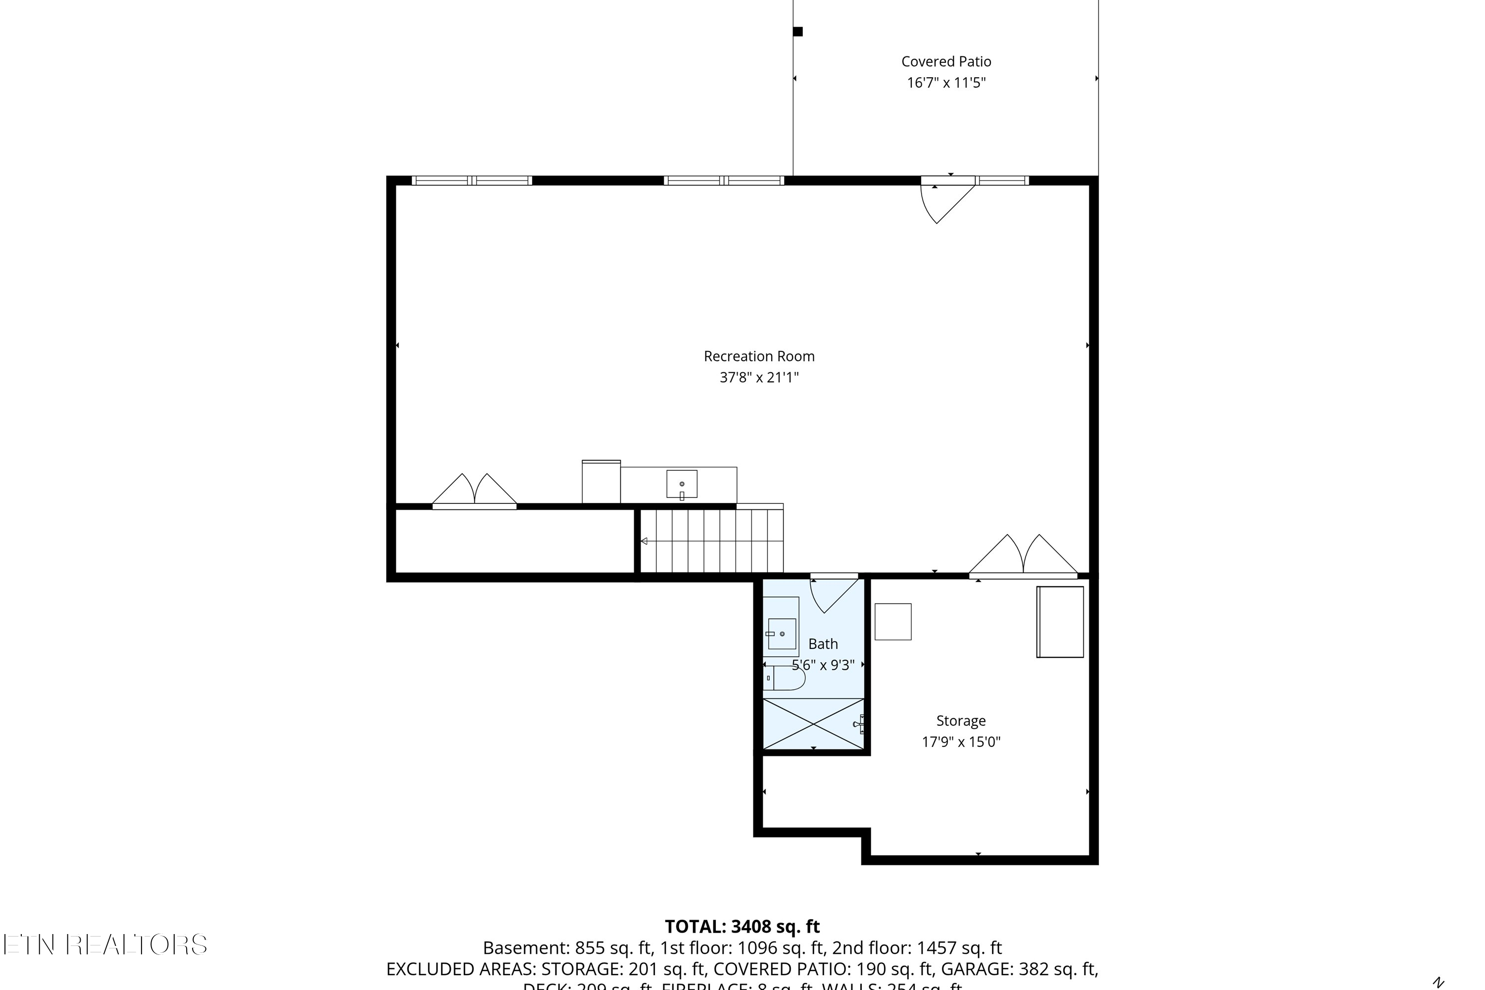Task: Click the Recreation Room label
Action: pyautogui.click(x=759, y=356)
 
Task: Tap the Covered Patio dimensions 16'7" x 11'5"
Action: pyautogui.click(x=946, y=83)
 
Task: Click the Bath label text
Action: pyautogui.click(x=823, y=643)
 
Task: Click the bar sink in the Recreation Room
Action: pyautogui.click(x=682, y=484)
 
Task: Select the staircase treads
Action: pyautogui.click(x=713, y=541)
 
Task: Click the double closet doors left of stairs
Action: pyautogui.click(x=474, y=491)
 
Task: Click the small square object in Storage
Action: pyautogui.click(x=893, y=622)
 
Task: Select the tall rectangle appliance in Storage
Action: pyautogui.click(x=1060, y=622)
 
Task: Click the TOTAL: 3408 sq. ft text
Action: pyautogui.click(x=742, y=926)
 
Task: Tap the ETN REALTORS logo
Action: pyautogui.click(x=105, y=944)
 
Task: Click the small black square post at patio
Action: pyautogui.click(x=798, y=32)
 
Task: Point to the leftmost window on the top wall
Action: pyautogui.click(x=472, y=181)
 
